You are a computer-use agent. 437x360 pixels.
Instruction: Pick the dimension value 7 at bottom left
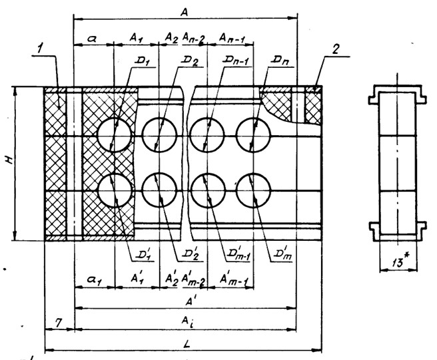tap(59, 322)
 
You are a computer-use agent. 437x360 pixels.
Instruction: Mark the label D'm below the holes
tap(282, 254)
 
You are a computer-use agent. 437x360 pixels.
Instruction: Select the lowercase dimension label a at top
tap(93, 39)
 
